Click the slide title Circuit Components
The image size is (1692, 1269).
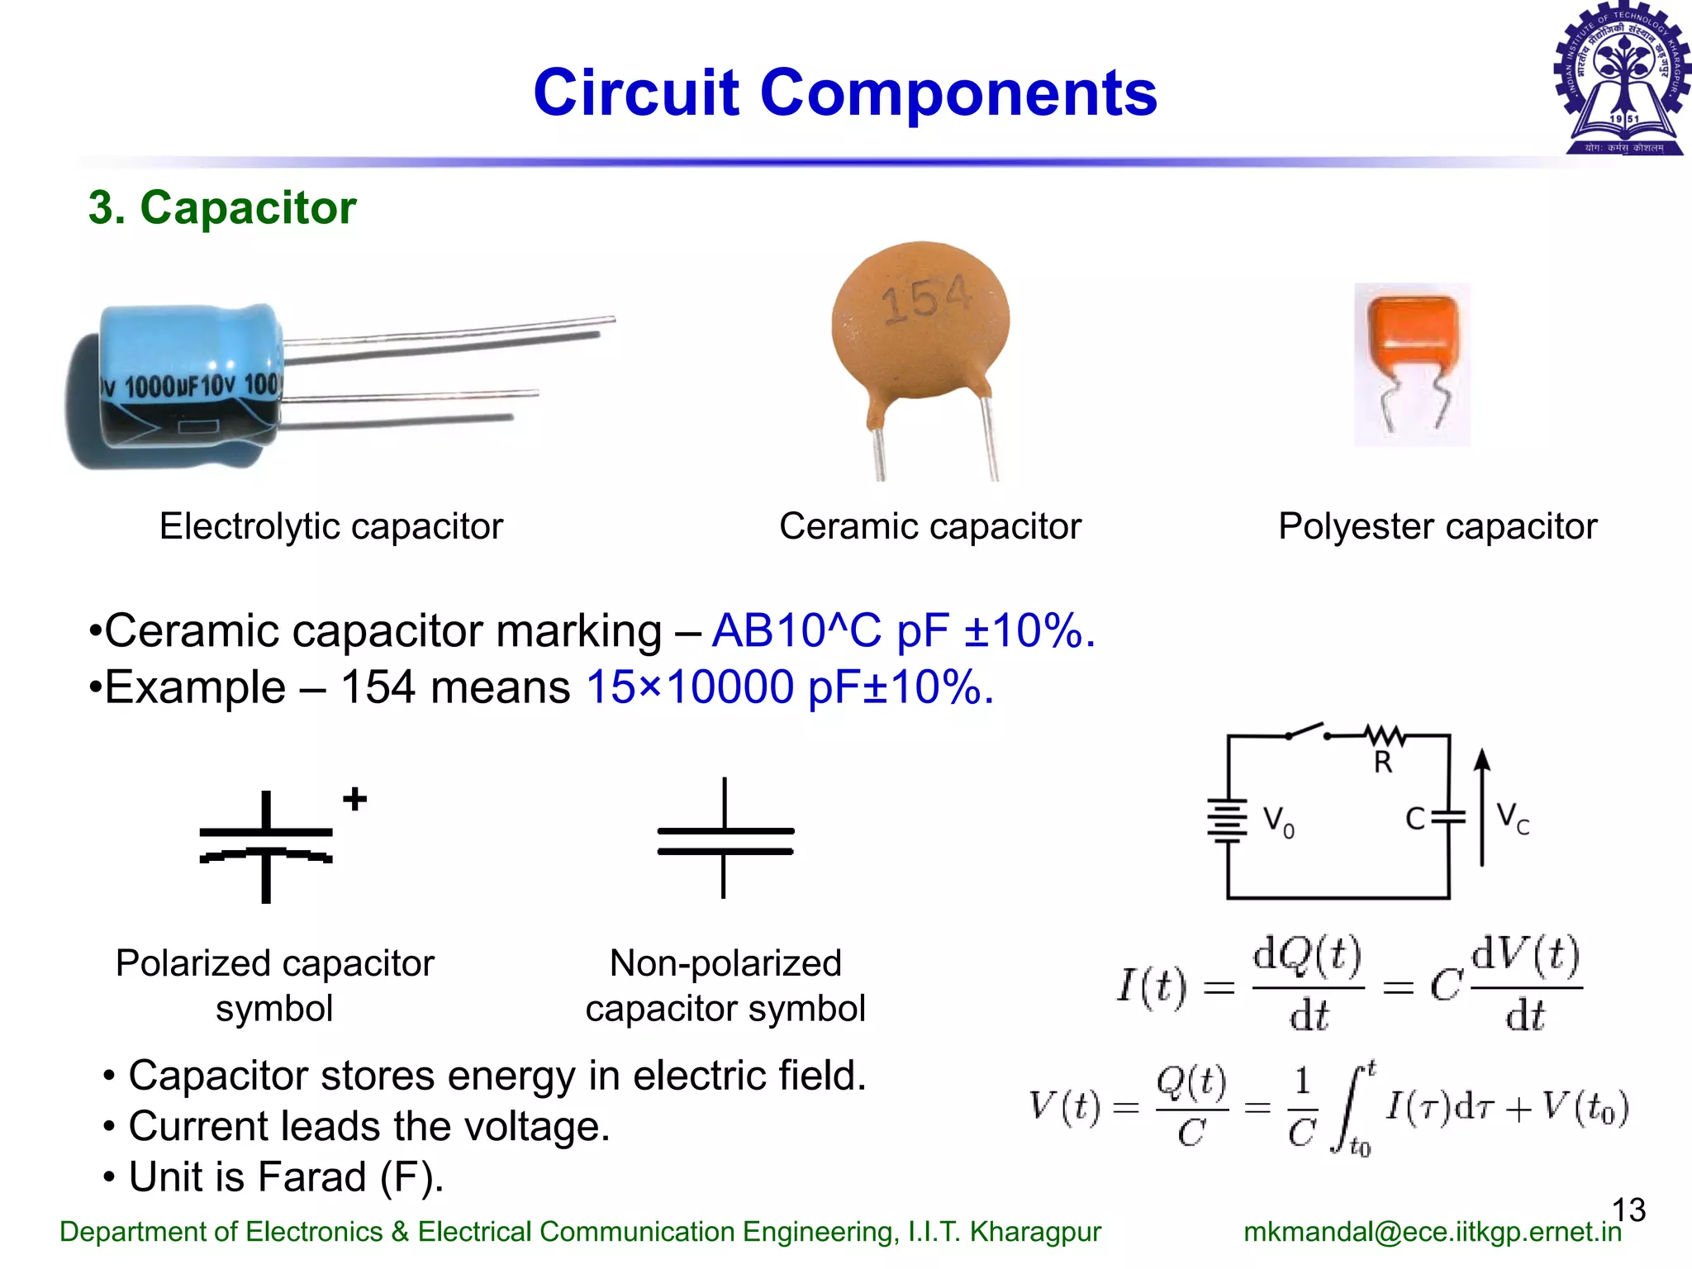[x=845, y=93]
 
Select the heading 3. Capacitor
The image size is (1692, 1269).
[x=222, y=207]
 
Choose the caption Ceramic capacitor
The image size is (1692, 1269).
[x=929, y=526]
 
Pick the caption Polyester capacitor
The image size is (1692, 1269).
[x=1438, y=526]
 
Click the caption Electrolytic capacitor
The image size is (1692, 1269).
[x=330, y=526]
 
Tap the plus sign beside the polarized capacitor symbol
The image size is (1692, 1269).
[x=355, y=799]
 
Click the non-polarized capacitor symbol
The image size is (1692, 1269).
[x=725, y=839]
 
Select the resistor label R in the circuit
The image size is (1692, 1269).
[x=1382, y=763]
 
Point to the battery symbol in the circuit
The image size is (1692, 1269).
[x=1227, y=820]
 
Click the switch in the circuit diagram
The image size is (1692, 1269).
[x=1306, y=731]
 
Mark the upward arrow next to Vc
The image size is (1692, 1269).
[x=1482, y=806]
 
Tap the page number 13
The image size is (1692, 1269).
[x=1628, y=1210]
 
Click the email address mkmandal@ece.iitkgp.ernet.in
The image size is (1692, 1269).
[x=1433, y=1232]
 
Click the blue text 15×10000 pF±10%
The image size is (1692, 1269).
[x=790, y=687]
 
